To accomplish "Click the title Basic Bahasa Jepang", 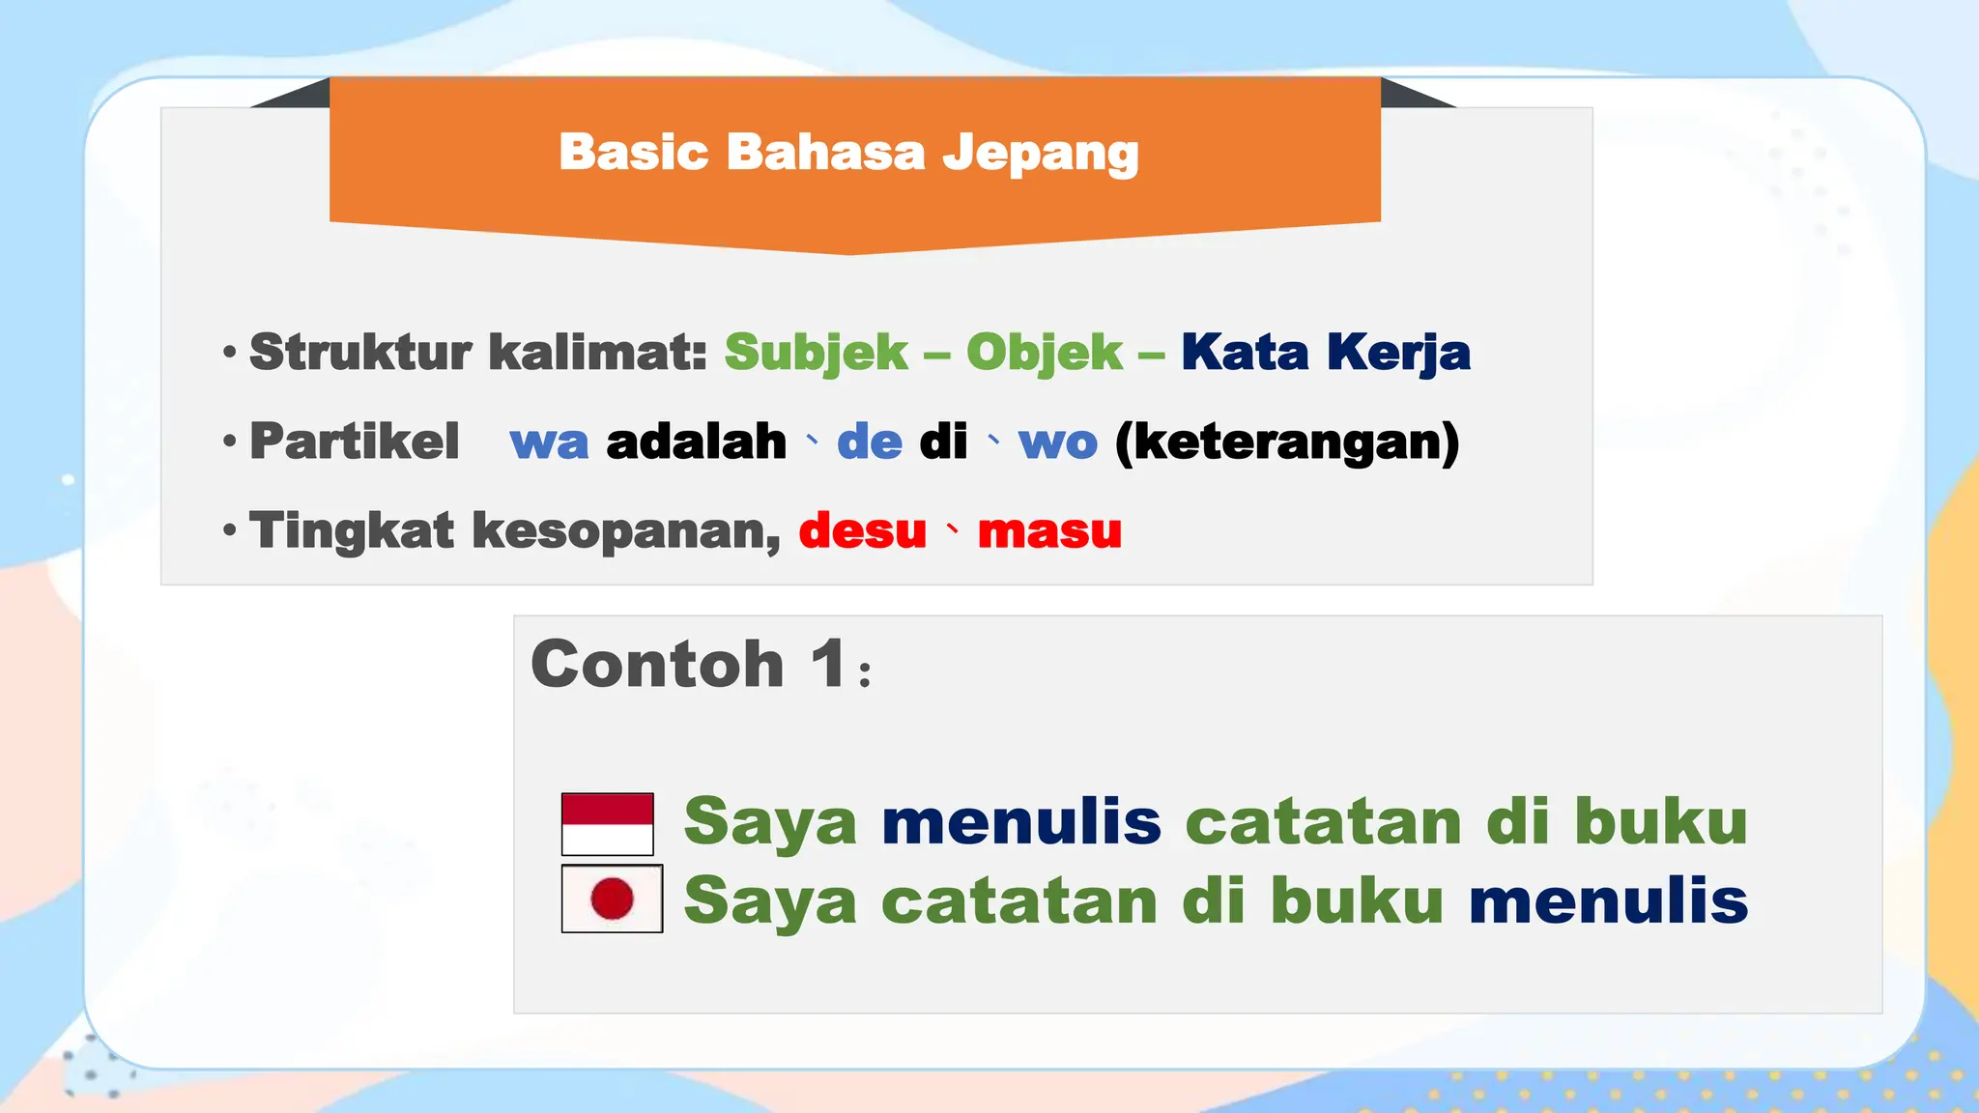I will coord(848,153).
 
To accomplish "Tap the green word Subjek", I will coord(817,352).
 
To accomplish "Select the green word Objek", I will coord(1045,352).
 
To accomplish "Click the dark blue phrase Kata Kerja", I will coord(1326,352).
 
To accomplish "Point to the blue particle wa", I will coord(549,442).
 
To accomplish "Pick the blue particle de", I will coord(870,442).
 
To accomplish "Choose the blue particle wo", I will coord(1058,442).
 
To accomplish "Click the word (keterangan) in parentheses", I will coord(1287,442).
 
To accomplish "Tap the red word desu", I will coord(863,531).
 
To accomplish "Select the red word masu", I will coord(1049,531).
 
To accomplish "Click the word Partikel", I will coord(355,442).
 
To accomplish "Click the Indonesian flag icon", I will coord(608,824).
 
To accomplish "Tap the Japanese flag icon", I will coord(612,899).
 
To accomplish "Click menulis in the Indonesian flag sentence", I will coord(1021,821).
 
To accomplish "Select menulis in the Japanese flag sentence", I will coord(1608,900).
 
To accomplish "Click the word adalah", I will coord(696,442).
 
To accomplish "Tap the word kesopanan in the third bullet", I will coord(626,531).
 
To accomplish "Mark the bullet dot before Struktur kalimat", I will coord(229,352).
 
